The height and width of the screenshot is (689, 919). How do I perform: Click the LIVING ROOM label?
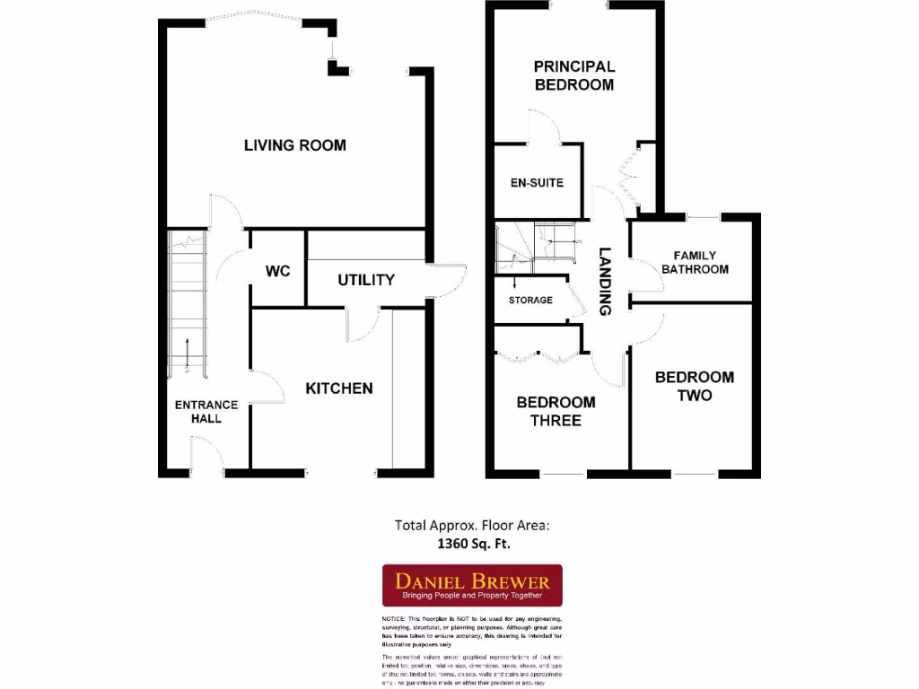click(294, 145)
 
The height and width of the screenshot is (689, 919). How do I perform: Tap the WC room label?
click(278, 271)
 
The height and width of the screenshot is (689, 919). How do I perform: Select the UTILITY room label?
click(366, 280)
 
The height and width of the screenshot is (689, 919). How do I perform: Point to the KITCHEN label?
click(339, 388)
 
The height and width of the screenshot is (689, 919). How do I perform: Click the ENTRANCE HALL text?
click(206, 412)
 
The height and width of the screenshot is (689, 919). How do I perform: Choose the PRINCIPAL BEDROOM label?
click(574, 75)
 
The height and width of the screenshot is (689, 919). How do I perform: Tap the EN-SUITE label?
click(537, 183)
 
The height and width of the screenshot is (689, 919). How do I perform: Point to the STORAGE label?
click(530, 300)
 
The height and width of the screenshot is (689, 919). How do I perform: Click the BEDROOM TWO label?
click(695, 386)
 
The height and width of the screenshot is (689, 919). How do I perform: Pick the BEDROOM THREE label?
click(556, 411)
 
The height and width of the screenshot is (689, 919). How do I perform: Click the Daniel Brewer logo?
click(472, 585)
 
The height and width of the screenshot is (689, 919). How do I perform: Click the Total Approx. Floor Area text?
click(472, 526)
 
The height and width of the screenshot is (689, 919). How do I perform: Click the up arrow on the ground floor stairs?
click(187, 352)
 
